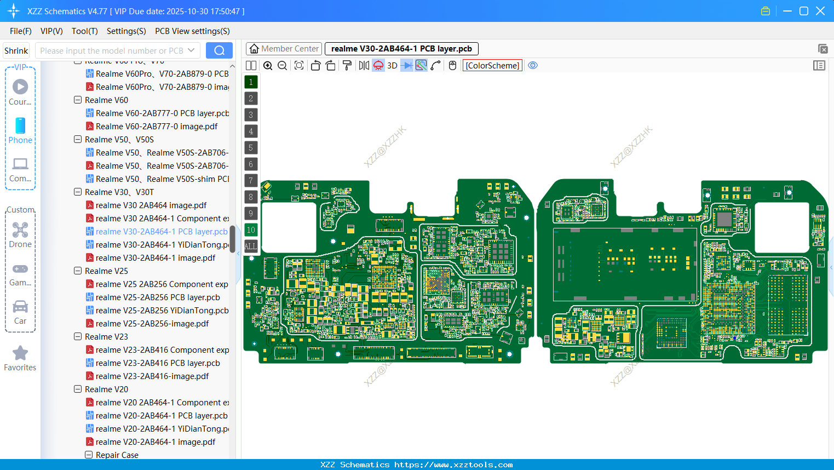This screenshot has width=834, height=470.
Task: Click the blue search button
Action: [x=219, y=50]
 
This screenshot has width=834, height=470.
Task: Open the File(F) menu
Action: [x=21, y=31]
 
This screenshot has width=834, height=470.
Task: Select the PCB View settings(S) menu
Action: [x=192, y=31]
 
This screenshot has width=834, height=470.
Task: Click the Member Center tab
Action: [x=284, y=49]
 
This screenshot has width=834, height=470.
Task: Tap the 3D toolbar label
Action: [x=392, y=66]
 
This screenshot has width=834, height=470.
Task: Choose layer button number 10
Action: [x=251, y=230]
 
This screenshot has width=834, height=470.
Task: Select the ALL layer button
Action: [x=251, y=247]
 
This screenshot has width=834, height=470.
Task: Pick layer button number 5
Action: [x=251, y=148]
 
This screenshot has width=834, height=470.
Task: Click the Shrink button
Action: [x=16, y=51]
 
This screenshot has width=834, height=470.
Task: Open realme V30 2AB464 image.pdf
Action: [x=151, y=205]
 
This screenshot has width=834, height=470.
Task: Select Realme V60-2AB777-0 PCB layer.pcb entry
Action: [x=162, y=113]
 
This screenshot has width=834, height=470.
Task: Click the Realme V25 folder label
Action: [x=106, y=271]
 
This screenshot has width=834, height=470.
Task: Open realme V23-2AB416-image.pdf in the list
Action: [x=152, y=376]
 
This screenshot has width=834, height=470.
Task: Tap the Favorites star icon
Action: [x=20, y=353]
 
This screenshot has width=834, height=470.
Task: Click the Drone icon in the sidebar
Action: [x=20, y=230]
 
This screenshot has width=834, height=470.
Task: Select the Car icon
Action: [x=20, y=307]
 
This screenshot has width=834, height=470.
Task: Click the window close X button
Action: [x=820, y=11]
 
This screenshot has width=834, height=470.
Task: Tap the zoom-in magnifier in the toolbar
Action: [x=268, y=66]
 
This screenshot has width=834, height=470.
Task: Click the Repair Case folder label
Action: [x=117, y=455]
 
